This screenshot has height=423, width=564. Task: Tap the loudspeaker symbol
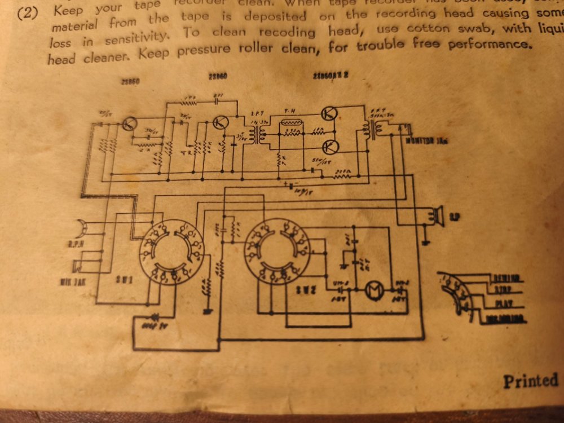tap(436, 217)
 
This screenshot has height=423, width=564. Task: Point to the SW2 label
tap(306, 288)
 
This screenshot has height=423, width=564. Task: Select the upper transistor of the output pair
tap(329, 113)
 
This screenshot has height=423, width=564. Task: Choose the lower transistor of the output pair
tap(331, 147)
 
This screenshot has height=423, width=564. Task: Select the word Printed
tap(530, 381)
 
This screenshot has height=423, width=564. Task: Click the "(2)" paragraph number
tap(28, 13)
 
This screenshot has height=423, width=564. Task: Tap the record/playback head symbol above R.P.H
tap(85, 226)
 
